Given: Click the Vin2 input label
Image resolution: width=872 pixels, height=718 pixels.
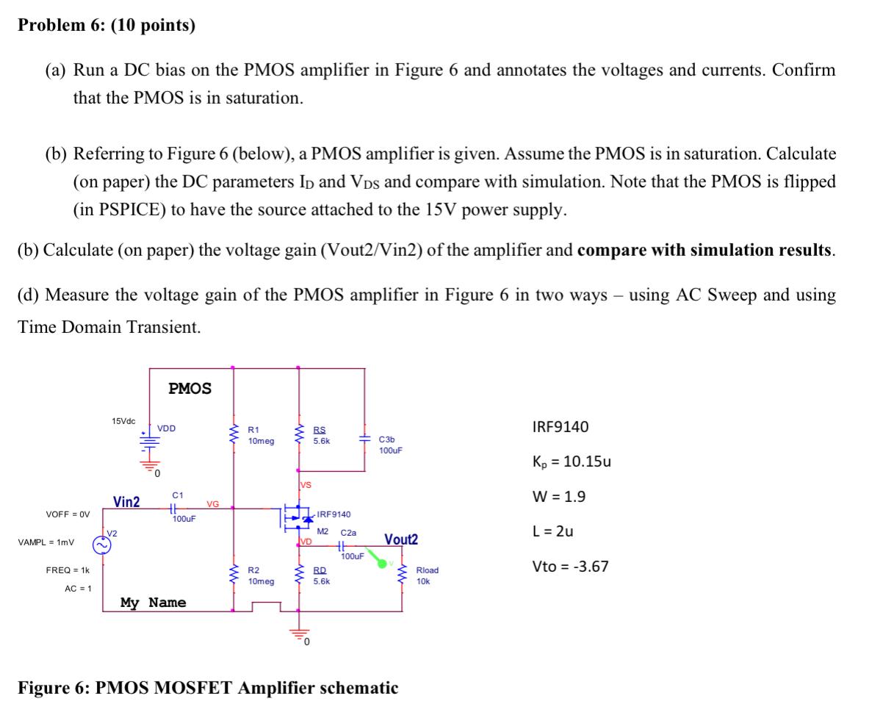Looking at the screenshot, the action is point(126,502).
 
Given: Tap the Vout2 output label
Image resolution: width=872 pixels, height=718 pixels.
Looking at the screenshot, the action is point(400,540).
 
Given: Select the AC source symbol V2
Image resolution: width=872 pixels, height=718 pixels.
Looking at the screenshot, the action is point(101,545).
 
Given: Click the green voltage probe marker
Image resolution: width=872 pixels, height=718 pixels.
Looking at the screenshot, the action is point(381,562).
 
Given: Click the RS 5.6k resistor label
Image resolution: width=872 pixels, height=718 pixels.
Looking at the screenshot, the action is point(321,437).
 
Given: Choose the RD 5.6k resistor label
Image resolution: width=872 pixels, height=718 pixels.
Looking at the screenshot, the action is point(321,575).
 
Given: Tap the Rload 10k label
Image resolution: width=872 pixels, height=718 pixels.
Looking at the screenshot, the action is point(427,575).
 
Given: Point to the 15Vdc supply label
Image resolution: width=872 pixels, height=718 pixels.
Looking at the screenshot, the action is point(123,420).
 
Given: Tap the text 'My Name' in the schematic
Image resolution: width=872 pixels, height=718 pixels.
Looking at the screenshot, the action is point(153,603).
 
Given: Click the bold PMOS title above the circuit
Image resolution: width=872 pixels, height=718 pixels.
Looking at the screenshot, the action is point(190,388).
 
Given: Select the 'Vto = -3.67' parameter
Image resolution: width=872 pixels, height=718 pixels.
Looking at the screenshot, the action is point(570,567).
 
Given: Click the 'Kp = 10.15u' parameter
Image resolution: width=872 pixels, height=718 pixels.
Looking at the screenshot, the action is point(571,462).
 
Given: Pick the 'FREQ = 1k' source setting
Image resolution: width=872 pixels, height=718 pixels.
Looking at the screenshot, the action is point(68,570).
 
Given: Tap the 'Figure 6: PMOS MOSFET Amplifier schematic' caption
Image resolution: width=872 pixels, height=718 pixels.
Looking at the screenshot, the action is point(208,689).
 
